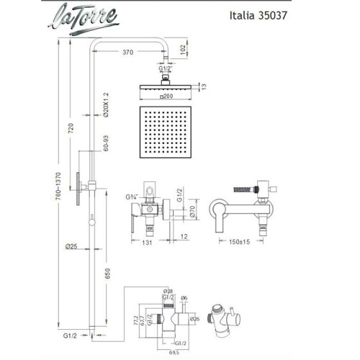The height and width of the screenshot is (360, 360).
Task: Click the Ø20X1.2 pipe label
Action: point(107,106)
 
